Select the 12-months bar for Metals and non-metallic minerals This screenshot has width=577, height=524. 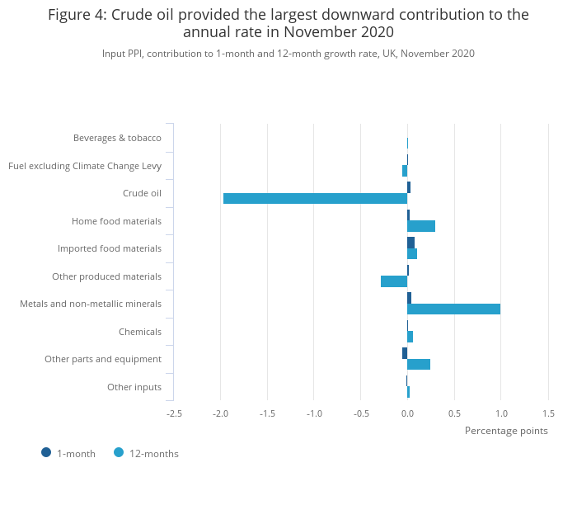pyautogui.click(x=453, y=309)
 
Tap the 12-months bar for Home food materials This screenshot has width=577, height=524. pyautogui.click(x=421, y=226)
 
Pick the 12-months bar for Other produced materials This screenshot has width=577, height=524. pyautogui.click(x=394, y=281)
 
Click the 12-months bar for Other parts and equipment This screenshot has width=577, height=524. pyautogui.click(x=419, y=364)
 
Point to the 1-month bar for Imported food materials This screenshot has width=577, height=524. pyautogui.click(x=410, y=242)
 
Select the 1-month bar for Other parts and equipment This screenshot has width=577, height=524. pyautogui.click(x=405, y=353)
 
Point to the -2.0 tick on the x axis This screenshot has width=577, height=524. pyautogui.click(x=221, y=413)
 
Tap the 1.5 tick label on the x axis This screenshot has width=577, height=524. pyautogui.click(x=548, y=413)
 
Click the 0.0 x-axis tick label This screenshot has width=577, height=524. pyautogui.click(x=407, y=413)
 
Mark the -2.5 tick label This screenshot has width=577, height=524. pyautogui.click(x=174, y=413)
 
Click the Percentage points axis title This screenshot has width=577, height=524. pyautogui.click(x=506, y=431)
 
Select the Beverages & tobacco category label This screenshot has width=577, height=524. pyautogui.click(x=117, y=138)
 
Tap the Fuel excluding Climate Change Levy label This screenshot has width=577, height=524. pyautogui.click(x=85, y=166)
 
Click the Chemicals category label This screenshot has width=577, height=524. pyautogui.click(x=140, y=332)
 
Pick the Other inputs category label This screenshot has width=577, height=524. pyautogui.click(x=134, y=387)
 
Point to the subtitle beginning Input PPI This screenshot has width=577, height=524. pyautogui.click(x=288, y=54)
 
